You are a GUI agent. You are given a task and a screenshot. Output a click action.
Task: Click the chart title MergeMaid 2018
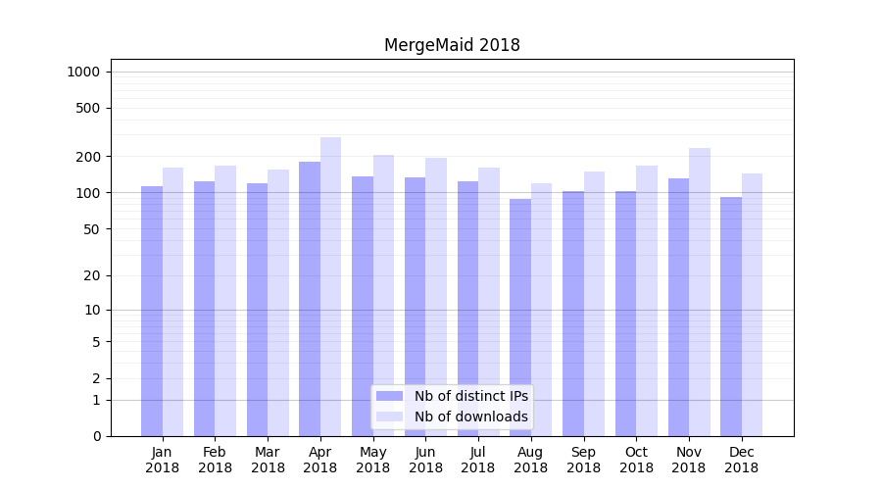(452, 45)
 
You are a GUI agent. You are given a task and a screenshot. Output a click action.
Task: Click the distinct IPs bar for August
(520, 318)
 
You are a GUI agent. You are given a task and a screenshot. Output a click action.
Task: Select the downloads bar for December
(752, 305)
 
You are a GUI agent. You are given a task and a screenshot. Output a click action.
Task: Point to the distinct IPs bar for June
(416, 307)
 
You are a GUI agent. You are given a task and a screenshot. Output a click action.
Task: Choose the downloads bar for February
(225, 301)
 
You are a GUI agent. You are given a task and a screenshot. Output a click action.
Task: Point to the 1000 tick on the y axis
(83, 72)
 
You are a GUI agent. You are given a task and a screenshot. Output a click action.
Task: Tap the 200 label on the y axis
(89, 157)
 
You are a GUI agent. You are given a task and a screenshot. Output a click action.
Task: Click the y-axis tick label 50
(92, 229)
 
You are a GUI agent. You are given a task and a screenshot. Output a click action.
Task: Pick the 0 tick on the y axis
(96, 436)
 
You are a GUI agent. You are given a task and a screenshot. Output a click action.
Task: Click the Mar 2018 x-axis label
(268, 460)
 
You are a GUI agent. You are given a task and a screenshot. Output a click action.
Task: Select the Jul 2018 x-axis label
(478, 460)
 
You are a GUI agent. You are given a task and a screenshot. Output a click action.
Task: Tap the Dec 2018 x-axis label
(741, 460)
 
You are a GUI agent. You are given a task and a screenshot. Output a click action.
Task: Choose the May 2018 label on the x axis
(373, 460)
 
